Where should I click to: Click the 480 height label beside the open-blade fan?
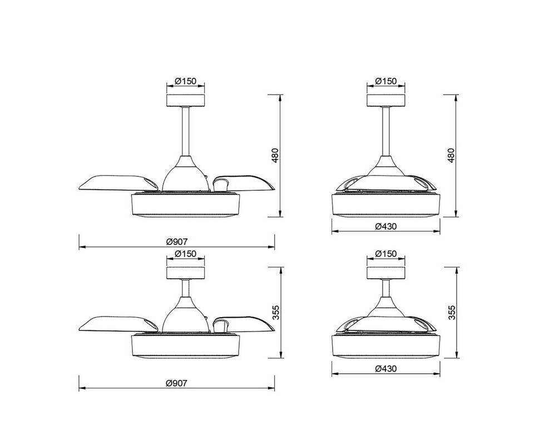pos(275,155)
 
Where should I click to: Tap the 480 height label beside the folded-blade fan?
pos(451,155)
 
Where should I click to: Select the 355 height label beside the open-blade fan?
pos(275,312)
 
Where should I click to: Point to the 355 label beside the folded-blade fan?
pos(451,312)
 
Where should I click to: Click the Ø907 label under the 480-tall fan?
pos(176,241)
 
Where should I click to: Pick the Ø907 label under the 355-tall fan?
pos(176,383)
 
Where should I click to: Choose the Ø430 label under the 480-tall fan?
pos(386,226)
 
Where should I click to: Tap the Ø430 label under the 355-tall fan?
pos(386,368)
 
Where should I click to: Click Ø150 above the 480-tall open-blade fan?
pos(186,81)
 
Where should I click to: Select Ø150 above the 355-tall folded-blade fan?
pos(386,254)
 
